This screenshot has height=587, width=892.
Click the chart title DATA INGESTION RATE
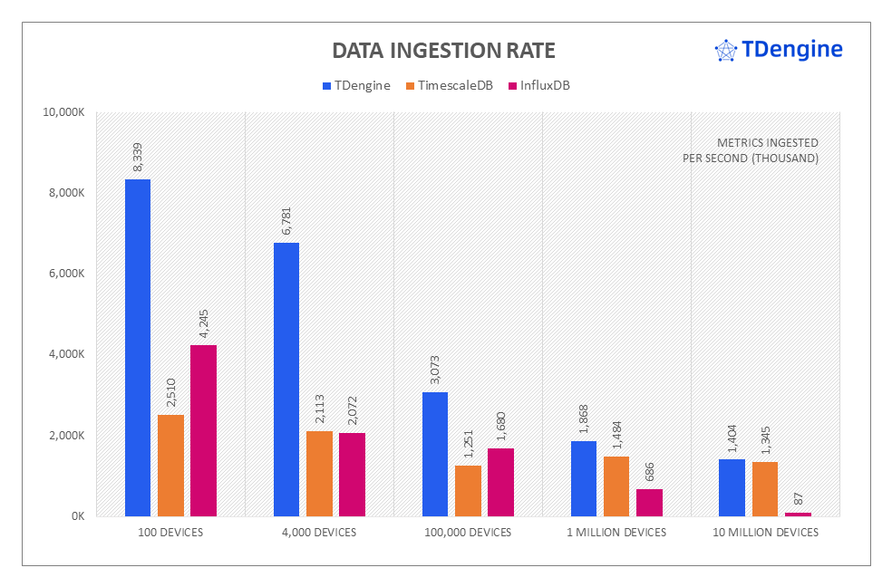pyautogui.click(x=443, y=50)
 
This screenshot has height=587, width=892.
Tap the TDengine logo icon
pyautogui.click(x=725, y=51)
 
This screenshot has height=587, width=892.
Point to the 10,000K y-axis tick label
pyautogui.click(x=63, y=112)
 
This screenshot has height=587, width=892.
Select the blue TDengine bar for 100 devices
pyautogui.click(x=138, y=348)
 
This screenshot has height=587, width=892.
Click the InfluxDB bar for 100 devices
pyautogui.click(x=204, y=430)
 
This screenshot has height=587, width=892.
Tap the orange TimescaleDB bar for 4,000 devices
pyautogui.click(x=319, y=474)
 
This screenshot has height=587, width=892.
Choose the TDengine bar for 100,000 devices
pyautogui.click(x=435, y=454)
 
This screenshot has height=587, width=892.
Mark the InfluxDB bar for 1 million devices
pyautogui.click(x=650, y=503)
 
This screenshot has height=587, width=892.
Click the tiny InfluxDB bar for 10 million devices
pyautogui.click(x=799, y=514)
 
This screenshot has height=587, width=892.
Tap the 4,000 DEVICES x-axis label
pyautogui.click(x=319, y=533)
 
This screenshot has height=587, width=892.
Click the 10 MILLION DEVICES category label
pyautogui.click(x=766, y=533)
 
